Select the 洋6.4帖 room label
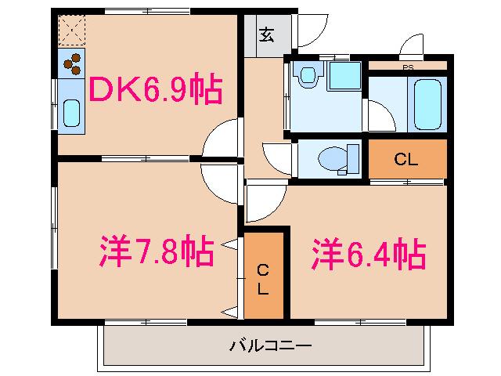point(369,252)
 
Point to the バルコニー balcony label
point(270,345)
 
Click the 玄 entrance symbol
point(267,35)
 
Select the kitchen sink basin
point(71,114)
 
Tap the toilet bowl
point(333,159)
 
